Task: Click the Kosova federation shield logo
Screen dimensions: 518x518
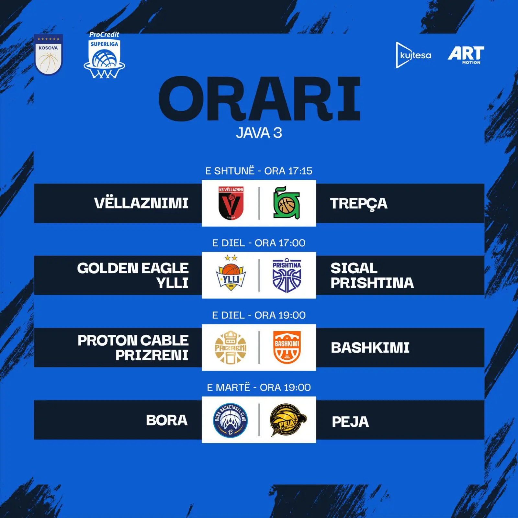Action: [x=48, y=55]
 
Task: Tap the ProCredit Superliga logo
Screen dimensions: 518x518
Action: [x=104, y=55]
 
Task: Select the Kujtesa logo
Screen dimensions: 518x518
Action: [x=413, y=55]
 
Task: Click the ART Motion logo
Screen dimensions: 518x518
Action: [x=466, y=55]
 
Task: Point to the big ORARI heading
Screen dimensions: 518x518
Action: [x=259, y=98]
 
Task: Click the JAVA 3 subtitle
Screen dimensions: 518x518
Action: [x=259, y=133]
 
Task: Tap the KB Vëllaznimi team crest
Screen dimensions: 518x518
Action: [x=231, y=203]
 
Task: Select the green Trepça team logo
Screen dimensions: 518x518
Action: [x=287, y=203]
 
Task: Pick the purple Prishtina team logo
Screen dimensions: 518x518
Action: [x=287, y=275]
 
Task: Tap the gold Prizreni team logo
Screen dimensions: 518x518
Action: [x=231, y=347]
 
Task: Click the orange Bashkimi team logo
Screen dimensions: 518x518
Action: [x=287, y=347]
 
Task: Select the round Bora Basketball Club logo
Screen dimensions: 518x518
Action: [x=231, y=420]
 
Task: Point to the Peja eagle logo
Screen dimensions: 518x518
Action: [x=288, y=420]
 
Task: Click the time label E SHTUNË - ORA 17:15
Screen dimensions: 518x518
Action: [x=259, y=171]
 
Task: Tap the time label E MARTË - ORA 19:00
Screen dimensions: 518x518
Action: [x=259, y=387]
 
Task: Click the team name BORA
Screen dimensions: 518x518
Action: [x=167, y=421]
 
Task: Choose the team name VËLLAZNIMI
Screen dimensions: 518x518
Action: [x=141, y=203]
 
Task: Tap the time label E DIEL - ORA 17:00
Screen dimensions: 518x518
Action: [x=259, y=243]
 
